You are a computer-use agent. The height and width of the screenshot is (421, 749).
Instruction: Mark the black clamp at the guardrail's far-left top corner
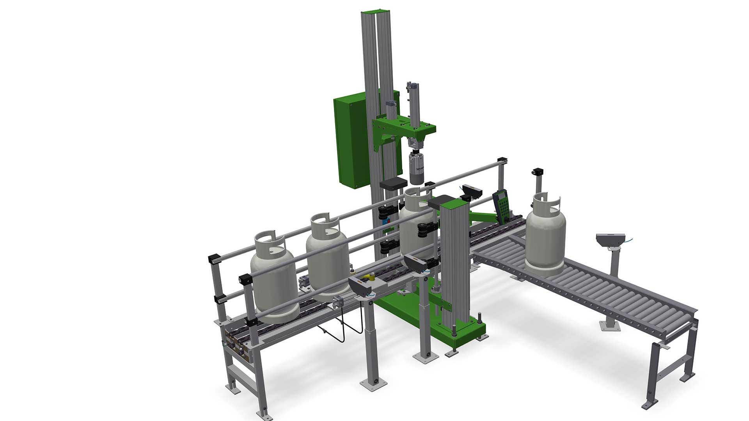[x=214, y=258]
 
